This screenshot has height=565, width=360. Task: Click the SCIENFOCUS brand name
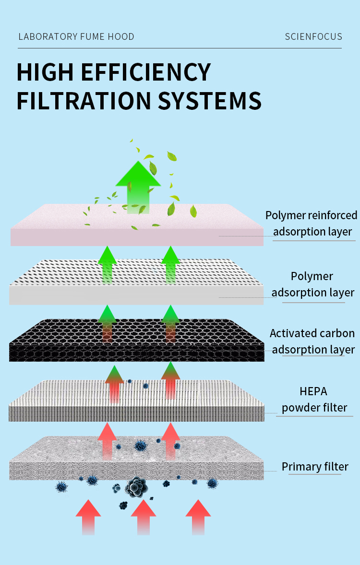[x=313, y=37]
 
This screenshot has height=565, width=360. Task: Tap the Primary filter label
[x=315, y=467]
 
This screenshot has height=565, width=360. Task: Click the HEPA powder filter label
[x=314, y=400]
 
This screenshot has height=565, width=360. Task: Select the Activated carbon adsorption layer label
[x=312, y=341]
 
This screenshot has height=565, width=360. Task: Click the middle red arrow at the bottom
[x=144, y=517]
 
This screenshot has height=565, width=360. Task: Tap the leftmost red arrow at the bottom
[x=88, y=517]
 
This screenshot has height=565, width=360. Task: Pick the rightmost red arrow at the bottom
[x=198, y=517]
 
